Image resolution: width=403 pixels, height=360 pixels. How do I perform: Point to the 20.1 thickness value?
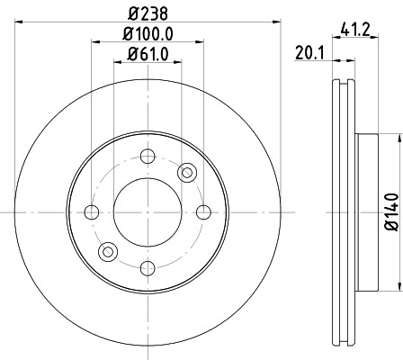(309, 53)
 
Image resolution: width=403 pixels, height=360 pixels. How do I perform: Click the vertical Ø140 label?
(389, 212)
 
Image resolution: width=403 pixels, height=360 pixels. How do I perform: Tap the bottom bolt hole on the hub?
(147, 267)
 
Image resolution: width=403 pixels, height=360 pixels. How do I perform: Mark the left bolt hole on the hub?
(91, 212)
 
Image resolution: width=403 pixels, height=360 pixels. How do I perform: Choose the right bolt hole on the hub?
(202, 212)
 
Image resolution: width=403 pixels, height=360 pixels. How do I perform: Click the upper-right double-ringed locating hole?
(186, 172)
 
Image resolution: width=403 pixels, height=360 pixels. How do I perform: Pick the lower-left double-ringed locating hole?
(107, 252)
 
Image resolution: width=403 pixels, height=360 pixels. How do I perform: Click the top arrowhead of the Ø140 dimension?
(396, 139)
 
